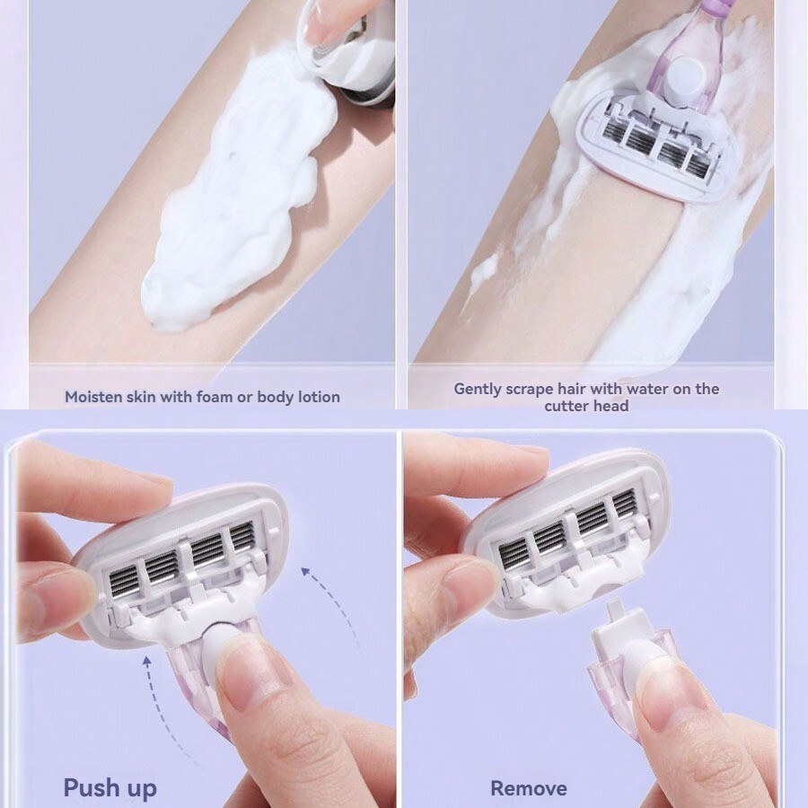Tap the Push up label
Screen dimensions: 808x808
pyautogui.click(x=110, y=787)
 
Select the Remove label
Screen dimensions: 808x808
pyautogui.click(x=528, y=788)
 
